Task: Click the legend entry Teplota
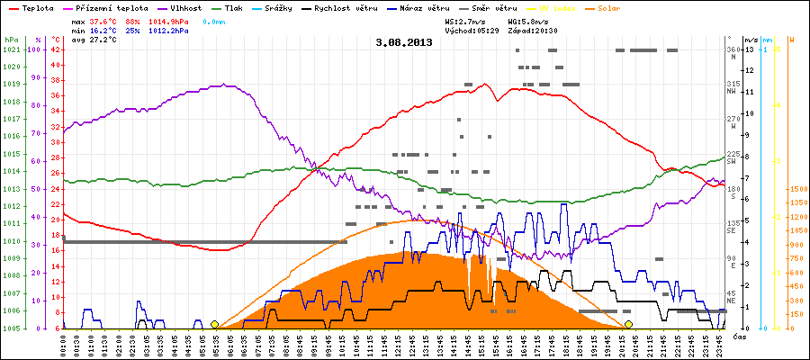pyautogui.click(x=34, y=7)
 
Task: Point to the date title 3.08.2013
pyautogui.click(x=404, y=42)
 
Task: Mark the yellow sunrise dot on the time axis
pyautogui.click(x=214, y=324)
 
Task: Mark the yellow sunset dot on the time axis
pyautogui.click(x=628, y=324)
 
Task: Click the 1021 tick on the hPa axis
pyautogui.click(x=11, y=49)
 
